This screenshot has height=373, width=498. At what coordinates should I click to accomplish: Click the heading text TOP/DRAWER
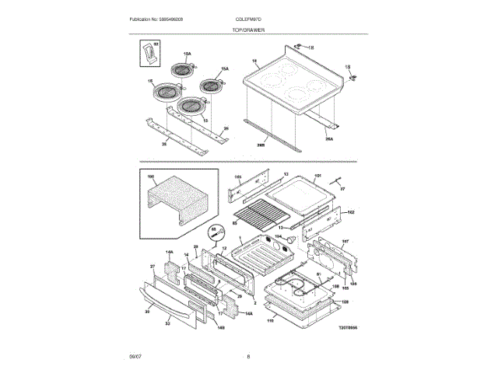tap(248, 30)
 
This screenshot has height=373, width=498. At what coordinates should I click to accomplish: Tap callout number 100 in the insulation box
tap(152, 178)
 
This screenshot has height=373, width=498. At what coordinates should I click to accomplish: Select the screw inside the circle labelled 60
tap(218, 231)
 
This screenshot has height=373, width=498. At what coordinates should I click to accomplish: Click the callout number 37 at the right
tap(345, 188)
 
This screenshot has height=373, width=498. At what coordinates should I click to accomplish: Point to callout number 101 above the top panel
tap(317, 176)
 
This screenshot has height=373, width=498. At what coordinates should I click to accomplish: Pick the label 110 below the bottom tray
tap(270, 320)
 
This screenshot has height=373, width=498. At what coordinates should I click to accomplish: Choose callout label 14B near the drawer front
tap(221, 327)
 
